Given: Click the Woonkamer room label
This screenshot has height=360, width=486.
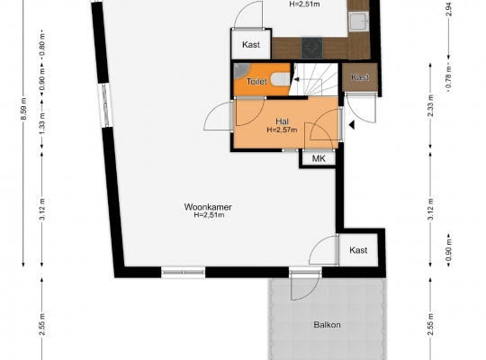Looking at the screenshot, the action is tap(208, 207).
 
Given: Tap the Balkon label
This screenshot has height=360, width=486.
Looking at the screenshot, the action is tap(327, 325).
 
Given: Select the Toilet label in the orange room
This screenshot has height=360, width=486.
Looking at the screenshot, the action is tap(256, 82).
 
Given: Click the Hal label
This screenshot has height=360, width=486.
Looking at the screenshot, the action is tap(282, 121).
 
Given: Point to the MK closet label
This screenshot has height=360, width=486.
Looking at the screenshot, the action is tap(319, 158).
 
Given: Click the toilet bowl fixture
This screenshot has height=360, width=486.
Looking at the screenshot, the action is tap(280, 79).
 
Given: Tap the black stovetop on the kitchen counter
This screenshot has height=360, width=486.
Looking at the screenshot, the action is tap(311, 48).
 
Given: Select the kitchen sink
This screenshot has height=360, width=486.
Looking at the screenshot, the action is tap(359, 22).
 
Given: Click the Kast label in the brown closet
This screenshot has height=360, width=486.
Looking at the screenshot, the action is tap(360, 76).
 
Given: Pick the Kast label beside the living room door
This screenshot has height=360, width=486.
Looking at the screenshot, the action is tap(358, 250).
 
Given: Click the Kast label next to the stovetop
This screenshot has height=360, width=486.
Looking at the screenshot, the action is tap(251, 45).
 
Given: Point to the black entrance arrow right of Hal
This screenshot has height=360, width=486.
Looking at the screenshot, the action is tap(352, 125).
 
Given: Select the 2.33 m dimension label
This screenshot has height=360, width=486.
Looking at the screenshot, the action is tap(430, 105).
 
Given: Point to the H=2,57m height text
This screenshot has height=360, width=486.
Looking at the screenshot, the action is tap(282, 130).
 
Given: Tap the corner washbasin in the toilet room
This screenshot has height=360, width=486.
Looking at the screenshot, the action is tap(239, 71).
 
